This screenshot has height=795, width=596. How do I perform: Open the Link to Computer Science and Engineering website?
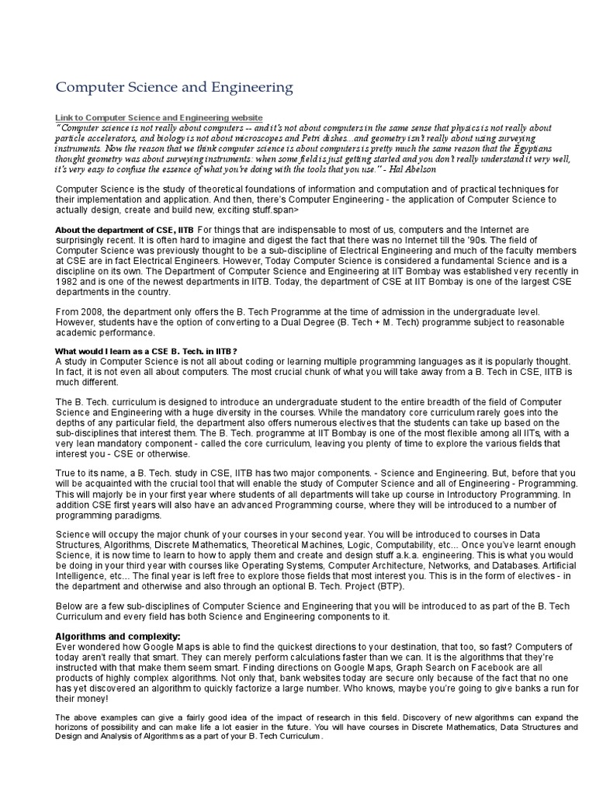(159, 117)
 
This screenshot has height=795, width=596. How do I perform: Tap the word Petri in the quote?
(314, 137)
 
